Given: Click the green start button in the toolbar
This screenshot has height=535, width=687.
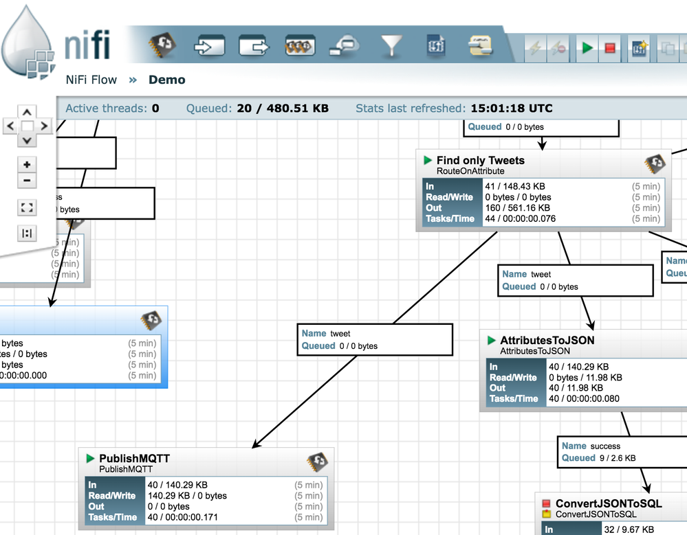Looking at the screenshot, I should (x=587, y=48).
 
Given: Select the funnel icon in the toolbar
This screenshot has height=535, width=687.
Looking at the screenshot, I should (x=392, y=46).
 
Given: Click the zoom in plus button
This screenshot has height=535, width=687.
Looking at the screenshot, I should (x=27, y=165).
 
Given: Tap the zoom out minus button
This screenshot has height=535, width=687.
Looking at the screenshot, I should (x=27, y=181).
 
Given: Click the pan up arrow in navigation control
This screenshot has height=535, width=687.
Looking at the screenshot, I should (x=27, y=112).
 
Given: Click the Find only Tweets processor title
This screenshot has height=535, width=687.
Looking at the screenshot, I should (x=480, y=161).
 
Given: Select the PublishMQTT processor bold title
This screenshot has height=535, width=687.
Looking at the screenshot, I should (x=134, y=459).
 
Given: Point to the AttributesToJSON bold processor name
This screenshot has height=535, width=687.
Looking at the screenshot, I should (x=547, y=340).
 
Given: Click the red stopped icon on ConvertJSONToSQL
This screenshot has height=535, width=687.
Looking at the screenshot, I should (x=547, y=504).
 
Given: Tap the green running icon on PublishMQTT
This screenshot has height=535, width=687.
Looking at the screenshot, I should (x=90, y=458).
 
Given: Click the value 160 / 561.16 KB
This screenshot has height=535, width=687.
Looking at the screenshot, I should (x=517, y=208).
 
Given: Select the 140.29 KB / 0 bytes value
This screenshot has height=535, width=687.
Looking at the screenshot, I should (x=186, y=496).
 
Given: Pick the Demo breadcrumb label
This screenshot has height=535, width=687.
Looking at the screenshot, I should (x=167, y=80).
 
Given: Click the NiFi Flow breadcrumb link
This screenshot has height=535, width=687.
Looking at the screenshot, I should (x=91, y=80).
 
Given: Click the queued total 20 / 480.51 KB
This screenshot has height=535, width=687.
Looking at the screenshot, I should (x=283, y=109).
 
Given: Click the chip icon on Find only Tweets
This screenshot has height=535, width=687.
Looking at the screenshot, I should (x=655, y=163).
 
